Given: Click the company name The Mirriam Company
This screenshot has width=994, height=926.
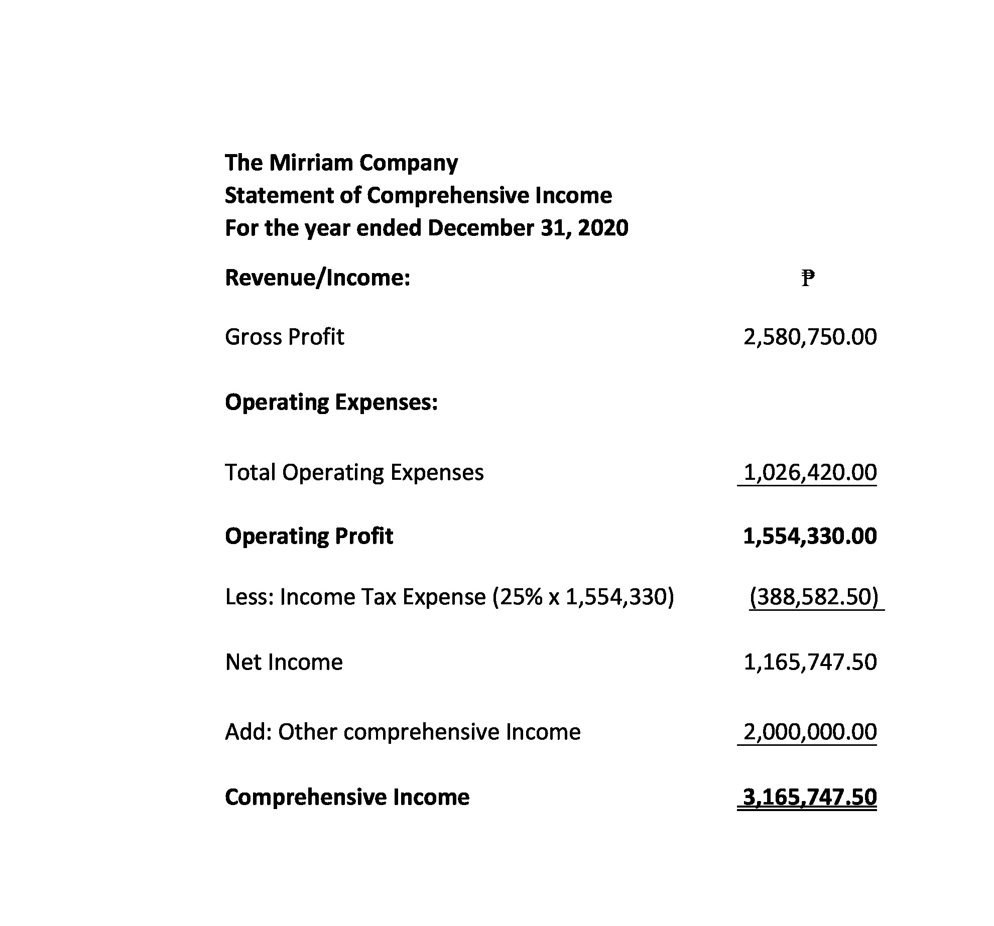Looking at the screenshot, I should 341,163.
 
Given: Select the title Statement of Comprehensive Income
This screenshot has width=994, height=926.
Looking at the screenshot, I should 418,195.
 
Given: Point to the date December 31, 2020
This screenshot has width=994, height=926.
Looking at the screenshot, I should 528,228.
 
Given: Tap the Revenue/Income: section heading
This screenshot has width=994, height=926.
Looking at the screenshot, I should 317,278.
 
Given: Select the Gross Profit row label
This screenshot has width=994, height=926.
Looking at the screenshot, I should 285,337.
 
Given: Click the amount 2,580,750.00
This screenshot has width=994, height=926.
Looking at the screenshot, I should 810,337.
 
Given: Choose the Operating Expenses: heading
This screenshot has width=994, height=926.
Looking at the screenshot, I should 331,402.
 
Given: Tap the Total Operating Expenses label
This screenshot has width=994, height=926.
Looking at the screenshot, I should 354,472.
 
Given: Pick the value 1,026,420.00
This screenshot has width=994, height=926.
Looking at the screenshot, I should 810,472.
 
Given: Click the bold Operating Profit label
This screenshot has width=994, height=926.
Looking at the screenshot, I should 309,536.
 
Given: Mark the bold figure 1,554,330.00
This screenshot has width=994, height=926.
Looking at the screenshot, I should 810,536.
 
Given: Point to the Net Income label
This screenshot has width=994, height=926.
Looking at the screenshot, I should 284,662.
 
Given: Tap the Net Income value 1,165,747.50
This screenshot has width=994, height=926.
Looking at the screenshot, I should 810,662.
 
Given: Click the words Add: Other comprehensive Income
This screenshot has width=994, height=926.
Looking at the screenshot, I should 403,732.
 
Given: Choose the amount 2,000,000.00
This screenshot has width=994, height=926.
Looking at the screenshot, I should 810,732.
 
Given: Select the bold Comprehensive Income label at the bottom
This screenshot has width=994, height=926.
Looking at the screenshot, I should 347,797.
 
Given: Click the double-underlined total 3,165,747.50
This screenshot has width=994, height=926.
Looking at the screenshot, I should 810,797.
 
